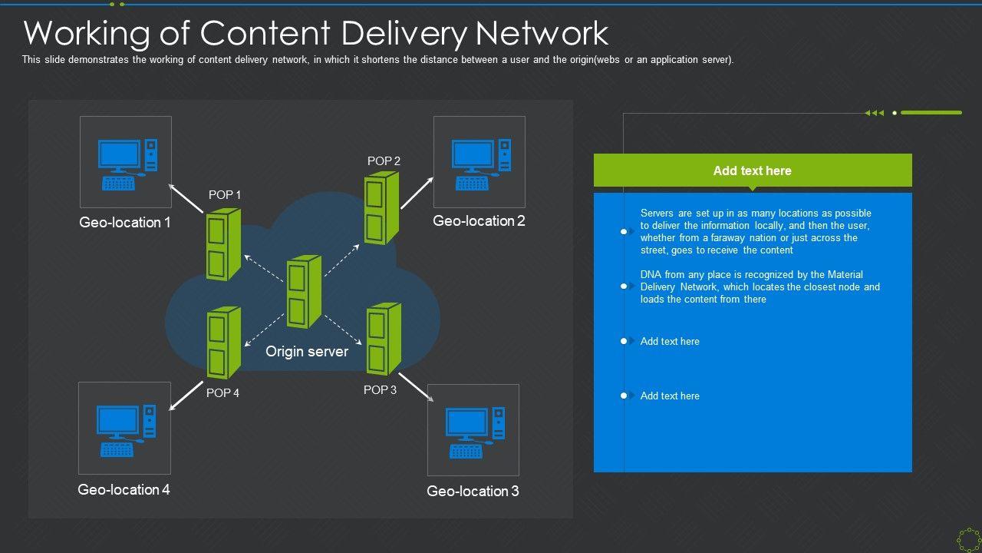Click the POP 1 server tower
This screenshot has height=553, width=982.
point(223,243)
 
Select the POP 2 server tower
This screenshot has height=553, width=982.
point(381,207)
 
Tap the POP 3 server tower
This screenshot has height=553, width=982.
point(384,339)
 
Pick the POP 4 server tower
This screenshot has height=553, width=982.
point(223,343)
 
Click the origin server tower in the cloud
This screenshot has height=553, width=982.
point(304,293)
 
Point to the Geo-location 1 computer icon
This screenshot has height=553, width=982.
point(127,164)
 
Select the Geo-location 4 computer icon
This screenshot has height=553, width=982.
point(125,429)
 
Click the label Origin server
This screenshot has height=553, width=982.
point(307,352)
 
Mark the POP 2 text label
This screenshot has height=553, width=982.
point(384,161)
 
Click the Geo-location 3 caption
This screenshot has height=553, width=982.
point(473,492)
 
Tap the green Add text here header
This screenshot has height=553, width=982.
point(752,171)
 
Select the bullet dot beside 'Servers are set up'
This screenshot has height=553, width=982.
point(624,231)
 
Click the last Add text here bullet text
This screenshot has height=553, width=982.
point(670,396)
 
